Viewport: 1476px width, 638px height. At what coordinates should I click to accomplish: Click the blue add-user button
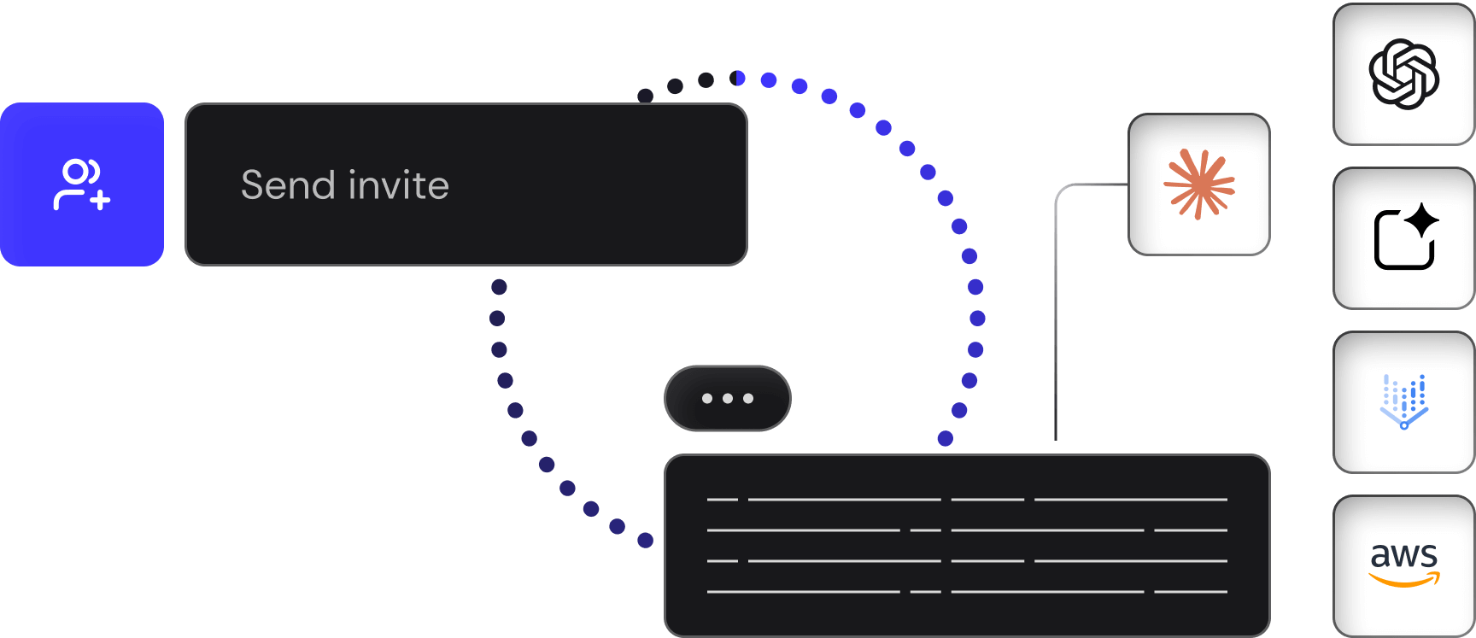[82, 184]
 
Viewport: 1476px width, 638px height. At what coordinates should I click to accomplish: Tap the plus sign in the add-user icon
[101, 201]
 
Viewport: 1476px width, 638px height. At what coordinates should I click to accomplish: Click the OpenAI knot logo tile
[1403, 74]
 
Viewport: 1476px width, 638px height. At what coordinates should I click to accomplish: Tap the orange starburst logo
[1199, 184]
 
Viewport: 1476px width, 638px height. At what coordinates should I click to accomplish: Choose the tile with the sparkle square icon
[1403, 238]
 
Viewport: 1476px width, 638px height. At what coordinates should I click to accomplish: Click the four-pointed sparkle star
[1422, 219]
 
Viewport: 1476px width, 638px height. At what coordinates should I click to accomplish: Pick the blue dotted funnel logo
[1403, 401]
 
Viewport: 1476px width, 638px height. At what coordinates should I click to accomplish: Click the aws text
[1403, 555]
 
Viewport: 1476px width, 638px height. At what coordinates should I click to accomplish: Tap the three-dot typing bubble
[728, 398]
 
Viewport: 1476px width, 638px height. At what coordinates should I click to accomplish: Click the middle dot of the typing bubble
[728, 398]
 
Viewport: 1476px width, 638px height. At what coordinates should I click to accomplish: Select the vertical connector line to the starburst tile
[1057, 325]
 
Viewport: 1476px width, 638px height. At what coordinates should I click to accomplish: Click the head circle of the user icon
[76, 172]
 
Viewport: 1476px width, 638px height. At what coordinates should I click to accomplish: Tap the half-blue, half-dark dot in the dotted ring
[737, 79]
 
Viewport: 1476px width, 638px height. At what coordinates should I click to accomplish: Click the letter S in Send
[253, 185]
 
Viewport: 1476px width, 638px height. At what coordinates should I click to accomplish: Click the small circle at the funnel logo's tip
[1403, 424]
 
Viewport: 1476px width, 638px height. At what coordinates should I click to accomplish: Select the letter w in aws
[1403, 556]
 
